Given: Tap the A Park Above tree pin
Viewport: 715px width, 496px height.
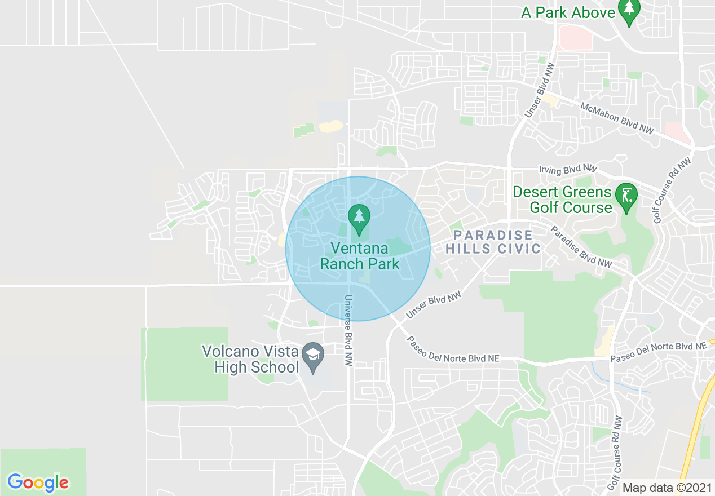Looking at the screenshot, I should [628, 11].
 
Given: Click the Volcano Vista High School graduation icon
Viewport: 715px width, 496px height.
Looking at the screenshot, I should [312, 356].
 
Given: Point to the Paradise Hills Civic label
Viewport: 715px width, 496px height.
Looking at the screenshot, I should [493, 242].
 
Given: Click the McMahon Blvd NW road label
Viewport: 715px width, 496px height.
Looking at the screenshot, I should [617, 118].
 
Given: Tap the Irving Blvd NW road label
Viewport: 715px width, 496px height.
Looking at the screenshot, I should [567, 169].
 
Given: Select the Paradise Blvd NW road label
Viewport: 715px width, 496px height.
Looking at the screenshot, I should [581, 246].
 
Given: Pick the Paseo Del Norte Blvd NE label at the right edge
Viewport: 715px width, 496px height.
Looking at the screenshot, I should [657, 351].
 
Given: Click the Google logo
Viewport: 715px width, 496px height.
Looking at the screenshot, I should [38, 482].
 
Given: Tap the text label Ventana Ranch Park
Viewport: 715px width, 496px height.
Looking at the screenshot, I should [359, 256].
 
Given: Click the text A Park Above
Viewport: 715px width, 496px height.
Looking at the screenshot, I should [568, 13].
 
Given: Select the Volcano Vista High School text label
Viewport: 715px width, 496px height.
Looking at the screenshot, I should [250, 360].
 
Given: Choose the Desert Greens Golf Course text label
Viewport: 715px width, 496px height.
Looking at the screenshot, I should [562, 200].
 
